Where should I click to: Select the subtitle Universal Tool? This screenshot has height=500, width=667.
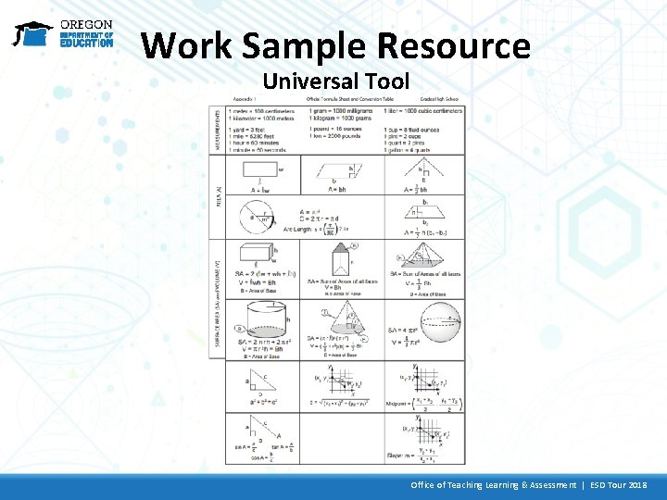[335, 81]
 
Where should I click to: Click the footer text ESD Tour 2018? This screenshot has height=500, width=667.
[611, 485]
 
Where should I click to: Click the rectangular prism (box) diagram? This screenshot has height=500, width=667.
[255, 254]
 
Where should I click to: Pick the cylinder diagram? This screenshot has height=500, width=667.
[265, 320]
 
